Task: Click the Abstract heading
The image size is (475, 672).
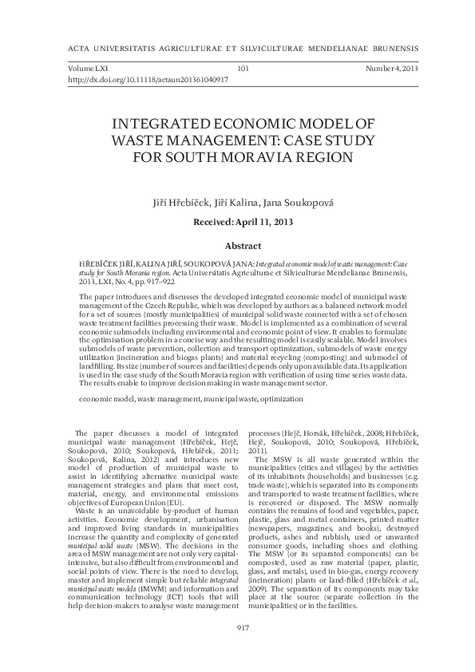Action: (x=243, y=247)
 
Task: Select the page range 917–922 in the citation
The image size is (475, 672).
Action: (x=160, y=282)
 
